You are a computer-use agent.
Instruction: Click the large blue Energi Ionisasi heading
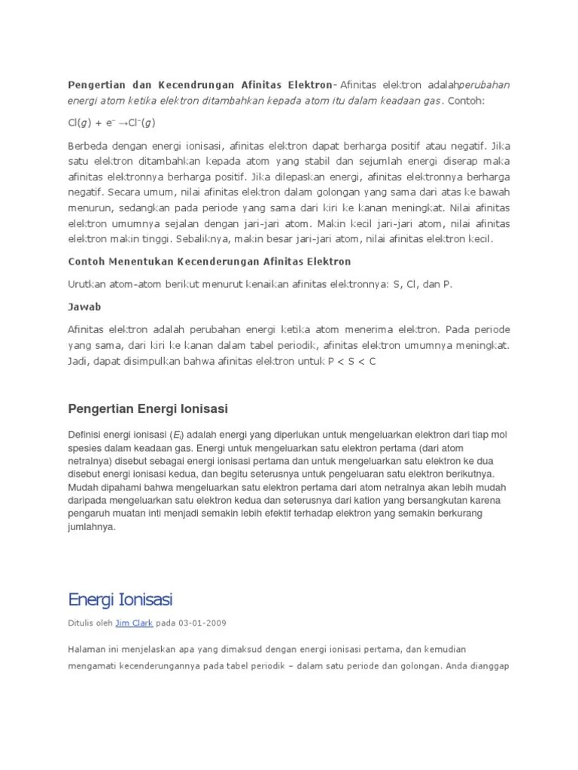tap(120, 599)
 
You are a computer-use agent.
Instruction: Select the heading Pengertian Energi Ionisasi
tap(148, 408)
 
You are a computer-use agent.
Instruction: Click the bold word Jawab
tap(84, 307)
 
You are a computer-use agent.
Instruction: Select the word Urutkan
tap(87, 283)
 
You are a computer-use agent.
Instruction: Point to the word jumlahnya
tap(92, 527)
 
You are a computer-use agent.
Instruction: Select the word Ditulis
tap(81, 623)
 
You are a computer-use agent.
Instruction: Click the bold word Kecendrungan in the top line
tap(199, 83)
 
